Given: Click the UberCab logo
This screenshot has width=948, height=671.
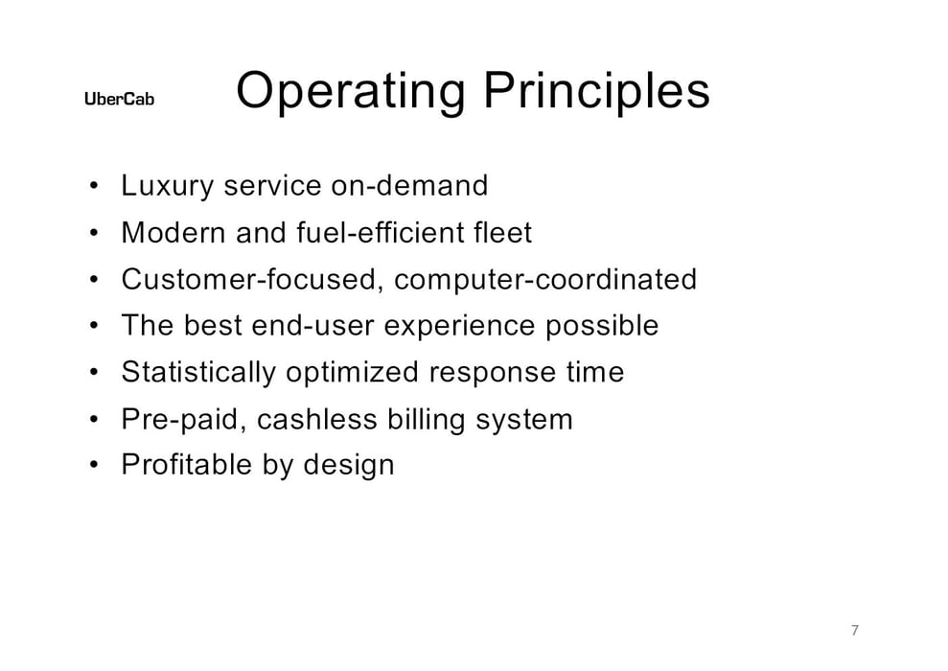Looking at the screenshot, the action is click(119, 99).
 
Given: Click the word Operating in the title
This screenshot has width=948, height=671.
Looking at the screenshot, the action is click(351, 91).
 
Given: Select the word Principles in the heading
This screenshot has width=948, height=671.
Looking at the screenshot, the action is click(596, 91).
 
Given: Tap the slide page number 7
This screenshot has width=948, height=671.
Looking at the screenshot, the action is click(854, 630).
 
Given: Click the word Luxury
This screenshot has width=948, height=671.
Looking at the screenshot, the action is click(168, 186).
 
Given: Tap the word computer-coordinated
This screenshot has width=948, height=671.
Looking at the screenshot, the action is click(545, 280).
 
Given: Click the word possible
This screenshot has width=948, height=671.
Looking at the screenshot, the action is click(602, 326).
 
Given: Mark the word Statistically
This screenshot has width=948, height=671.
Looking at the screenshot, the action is click(198, 372).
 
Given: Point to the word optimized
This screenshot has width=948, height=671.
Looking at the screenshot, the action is click(352, 373).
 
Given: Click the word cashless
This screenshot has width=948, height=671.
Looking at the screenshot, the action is click(317, 419).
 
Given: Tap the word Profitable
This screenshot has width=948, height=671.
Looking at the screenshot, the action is click(187, 465).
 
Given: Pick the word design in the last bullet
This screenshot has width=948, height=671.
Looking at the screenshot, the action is click(349, 466).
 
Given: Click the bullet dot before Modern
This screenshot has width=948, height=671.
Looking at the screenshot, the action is click(93, 232).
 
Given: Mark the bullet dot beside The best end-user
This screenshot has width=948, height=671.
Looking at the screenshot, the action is click(93, 326).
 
